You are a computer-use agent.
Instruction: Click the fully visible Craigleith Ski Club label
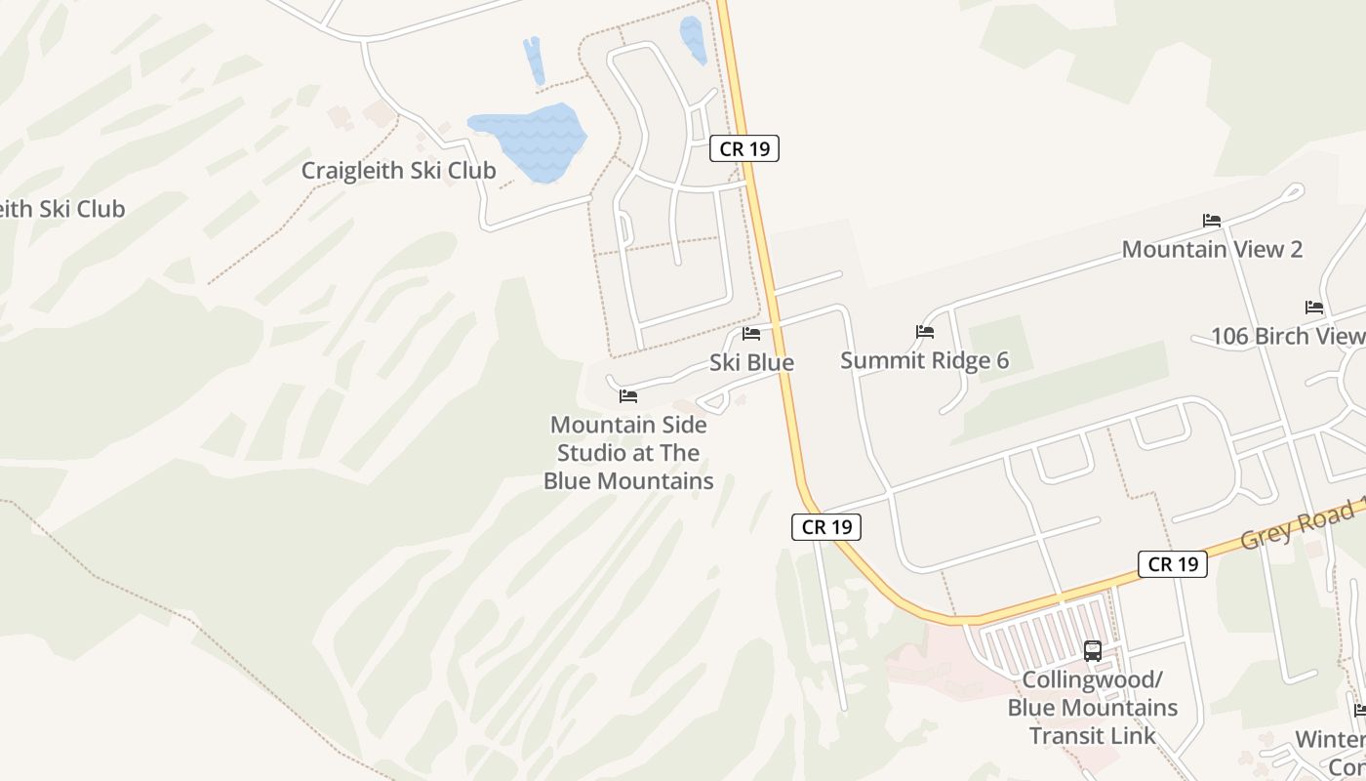pos(398,171)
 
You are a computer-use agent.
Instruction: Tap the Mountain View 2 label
pos(1212,249)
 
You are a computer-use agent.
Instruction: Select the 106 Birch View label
pos(1287,336)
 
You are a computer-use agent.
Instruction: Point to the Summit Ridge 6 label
pos(924,360)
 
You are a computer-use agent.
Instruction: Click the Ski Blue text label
pos(751,362)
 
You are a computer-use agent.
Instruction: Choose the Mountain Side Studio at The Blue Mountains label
pos(628,453)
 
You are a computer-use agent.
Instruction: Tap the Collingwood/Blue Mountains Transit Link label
pos(1093,708)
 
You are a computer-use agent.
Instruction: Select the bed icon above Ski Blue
pos(751,333)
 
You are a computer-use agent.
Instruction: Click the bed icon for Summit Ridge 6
pos(925,332)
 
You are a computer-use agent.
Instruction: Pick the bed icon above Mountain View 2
pos(1212,221)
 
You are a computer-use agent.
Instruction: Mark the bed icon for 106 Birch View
pos(1314,308)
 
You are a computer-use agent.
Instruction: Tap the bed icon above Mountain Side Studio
pos(628,396)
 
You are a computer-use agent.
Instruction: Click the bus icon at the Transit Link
pos(1093,650)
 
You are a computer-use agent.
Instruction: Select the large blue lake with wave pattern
pos(529,142)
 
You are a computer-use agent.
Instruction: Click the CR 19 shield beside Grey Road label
pos(1172,563)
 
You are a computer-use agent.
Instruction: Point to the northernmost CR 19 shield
pos(743,148)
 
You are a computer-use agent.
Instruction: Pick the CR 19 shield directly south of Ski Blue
pos(825,527)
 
